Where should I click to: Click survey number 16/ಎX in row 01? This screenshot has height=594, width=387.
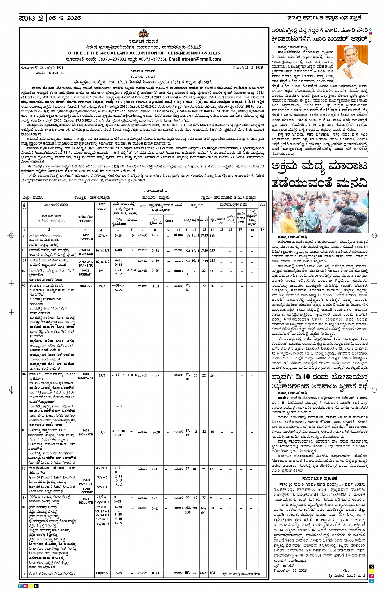tap(102, 236)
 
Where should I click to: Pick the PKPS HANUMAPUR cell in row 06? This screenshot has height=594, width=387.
tap(86, 376)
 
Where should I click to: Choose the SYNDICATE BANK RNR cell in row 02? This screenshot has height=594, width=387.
tap(86, 251)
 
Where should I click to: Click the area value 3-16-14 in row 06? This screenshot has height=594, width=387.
tap(118, 375)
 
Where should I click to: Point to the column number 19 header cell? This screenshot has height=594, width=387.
tap(262, 230)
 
